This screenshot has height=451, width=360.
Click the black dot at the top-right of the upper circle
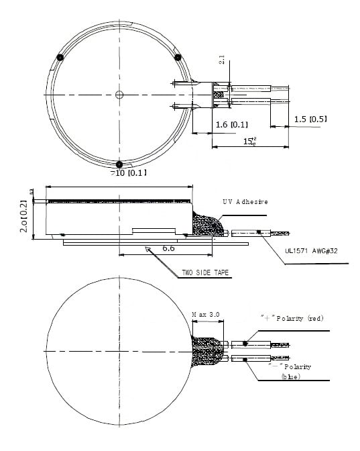tap(178, 58)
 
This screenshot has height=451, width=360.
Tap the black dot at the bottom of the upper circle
tap(119, 164)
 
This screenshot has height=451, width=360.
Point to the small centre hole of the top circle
tap(119, 94)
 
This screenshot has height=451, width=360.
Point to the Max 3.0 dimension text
tap(206, 313)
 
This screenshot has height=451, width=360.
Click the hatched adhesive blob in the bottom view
tap(208, 352)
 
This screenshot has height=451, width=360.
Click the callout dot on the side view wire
tap(258, 233)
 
